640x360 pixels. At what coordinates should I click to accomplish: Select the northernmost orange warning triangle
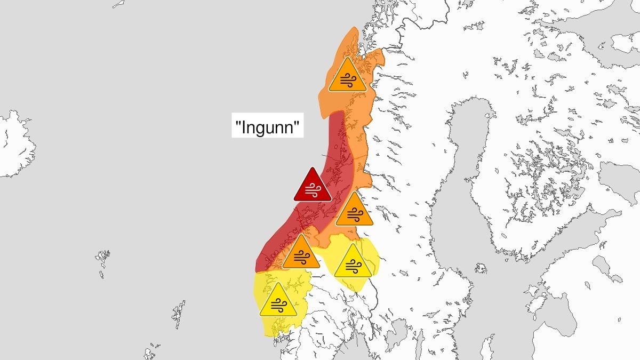tap(347, 76)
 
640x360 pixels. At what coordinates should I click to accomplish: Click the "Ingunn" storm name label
tap(267, 128)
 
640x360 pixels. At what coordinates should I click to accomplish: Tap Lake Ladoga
tap(613, 181)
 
